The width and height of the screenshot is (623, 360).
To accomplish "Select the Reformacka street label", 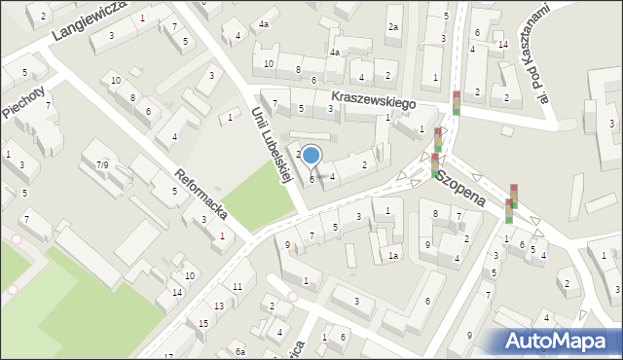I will pyautogui.click(x=197, y=190).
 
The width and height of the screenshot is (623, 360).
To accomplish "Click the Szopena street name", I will pyautogui.click(x=460, y=186).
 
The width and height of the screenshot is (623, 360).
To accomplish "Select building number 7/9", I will pyautogui.click(x=101, y=165).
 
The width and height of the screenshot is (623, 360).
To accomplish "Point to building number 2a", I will pyautogui.click(x=393, y=27).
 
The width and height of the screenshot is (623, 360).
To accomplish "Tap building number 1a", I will pyautogui.click(x=392, y=256).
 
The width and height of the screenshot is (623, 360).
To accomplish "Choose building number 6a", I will pyautogui.click(x=239, y=352).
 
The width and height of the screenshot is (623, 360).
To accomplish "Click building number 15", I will pyautogui.click(x=203, y=323).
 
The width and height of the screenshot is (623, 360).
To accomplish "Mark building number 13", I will pyautogui.click(x=219, y=306).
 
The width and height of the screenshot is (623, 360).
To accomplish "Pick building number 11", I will pyautogui.click(x=238, y=286).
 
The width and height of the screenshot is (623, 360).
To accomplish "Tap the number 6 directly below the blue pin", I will pyautogui.click(x=311, y=179).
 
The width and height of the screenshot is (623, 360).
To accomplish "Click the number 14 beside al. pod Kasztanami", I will pyautogui.click(x=502, y=44).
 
